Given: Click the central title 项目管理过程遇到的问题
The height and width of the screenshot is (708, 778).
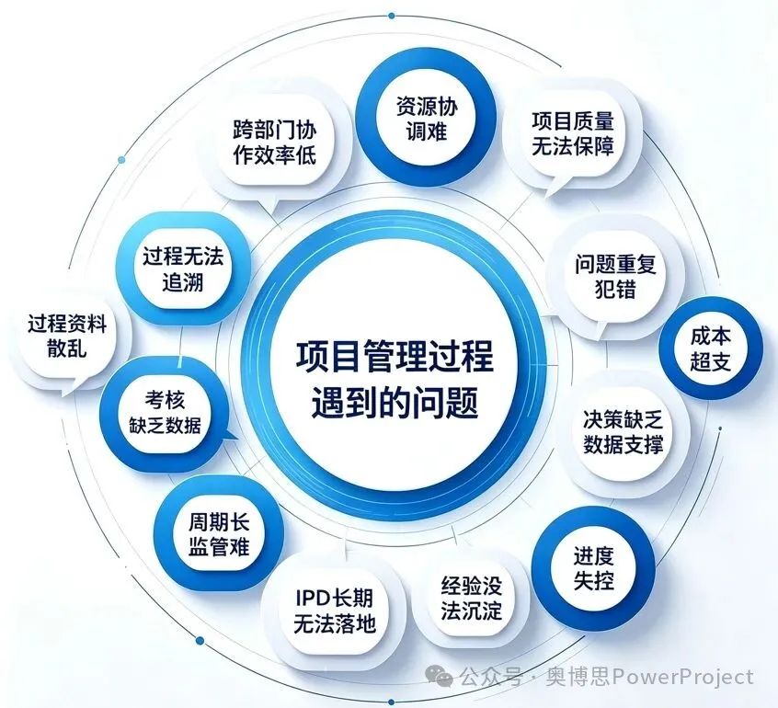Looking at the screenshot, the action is (395, 379).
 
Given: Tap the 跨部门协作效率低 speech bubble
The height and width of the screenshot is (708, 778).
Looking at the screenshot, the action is (273, 143).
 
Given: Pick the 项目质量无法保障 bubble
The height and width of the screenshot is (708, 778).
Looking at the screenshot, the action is (572, 135).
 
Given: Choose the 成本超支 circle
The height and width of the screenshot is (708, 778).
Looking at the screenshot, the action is (711, 348).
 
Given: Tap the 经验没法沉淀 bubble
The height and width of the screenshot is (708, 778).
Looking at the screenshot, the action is (471, 599).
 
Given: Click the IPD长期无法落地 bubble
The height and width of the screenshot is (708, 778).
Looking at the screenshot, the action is (334, 611).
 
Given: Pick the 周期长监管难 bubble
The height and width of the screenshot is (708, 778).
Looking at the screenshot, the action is (219, 535).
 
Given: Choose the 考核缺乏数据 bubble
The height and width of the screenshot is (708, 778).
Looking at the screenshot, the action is (166, 413).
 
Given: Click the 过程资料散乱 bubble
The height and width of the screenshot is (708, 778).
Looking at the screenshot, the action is (67, 338).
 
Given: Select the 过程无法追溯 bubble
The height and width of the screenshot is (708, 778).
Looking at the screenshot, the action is (183, 268).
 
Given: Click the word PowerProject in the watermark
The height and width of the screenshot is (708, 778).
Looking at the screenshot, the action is (682, 677).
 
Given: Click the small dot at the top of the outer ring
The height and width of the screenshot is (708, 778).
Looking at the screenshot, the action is (392, 16).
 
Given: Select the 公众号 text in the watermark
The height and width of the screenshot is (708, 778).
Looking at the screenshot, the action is (490, 677).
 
